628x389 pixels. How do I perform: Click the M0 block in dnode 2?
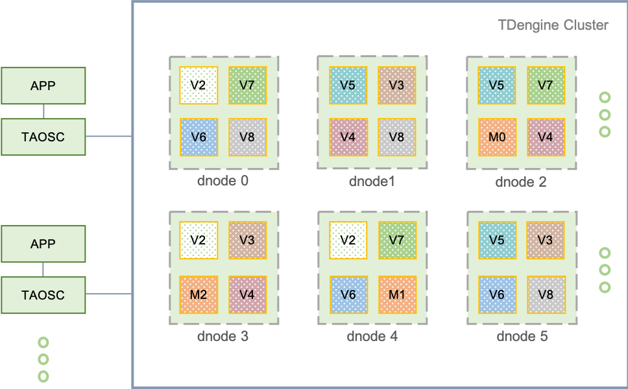click(497, 137)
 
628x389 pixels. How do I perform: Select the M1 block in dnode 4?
click(397, 294)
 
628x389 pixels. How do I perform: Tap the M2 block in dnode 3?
click(199, 294)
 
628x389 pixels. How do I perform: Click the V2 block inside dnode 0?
click(199, 85)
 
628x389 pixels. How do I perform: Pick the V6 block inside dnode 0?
click(199, 137)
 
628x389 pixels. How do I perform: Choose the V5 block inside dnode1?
click(348, 85)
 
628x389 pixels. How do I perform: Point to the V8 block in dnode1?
click(396, 137)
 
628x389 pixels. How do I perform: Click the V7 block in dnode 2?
click(546, 85)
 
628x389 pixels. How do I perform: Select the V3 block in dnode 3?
click(247, 240)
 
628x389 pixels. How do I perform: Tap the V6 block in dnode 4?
click(348, 294)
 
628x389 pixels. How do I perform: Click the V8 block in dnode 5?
click(546, 294)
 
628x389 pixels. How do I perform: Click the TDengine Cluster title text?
click(553, 25)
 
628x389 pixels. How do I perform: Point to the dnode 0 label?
click(223, 180)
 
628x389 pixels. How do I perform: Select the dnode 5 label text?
click(522, 336)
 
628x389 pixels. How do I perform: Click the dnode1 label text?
click(372, 181)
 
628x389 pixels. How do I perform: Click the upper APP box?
click(43, 85)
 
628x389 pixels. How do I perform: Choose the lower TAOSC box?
click(43, 295)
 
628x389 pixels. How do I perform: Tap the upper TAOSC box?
click(43, 137)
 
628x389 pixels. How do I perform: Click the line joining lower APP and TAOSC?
click(43, 269)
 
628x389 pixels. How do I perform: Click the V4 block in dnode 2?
click(546, 137)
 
